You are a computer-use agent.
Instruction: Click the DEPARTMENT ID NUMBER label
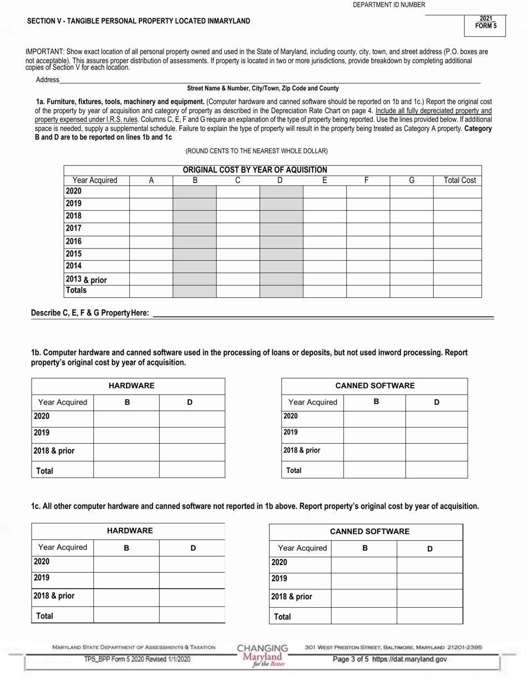(389, 5)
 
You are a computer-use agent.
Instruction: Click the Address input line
(270, 79)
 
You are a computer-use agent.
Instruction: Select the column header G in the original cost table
(411, 180)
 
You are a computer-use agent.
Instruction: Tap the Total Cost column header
(459, 180)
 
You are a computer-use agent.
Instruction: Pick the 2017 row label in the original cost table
(74, 228)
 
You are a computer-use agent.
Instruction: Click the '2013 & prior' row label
(86, 279)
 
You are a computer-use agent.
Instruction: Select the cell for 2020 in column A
(151, 191)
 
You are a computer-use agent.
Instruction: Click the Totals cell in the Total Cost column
(457, 291)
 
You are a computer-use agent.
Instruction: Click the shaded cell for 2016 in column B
(194, 241)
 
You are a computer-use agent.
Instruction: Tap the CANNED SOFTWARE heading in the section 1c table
(369, 532)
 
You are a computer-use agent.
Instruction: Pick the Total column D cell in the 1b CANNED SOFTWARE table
(436, 470)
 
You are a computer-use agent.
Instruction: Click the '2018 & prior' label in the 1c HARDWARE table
(54, 596)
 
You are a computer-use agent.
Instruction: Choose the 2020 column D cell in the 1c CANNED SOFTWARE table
(429, 564)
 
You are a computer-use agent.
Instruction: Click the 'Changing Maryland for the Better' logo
(262, 655)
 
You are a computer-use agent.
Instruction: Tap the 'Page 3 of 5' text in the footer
(351, 659)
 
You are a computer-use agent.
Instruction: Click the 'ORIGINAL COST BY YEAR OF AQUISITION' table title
(255, 170)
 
